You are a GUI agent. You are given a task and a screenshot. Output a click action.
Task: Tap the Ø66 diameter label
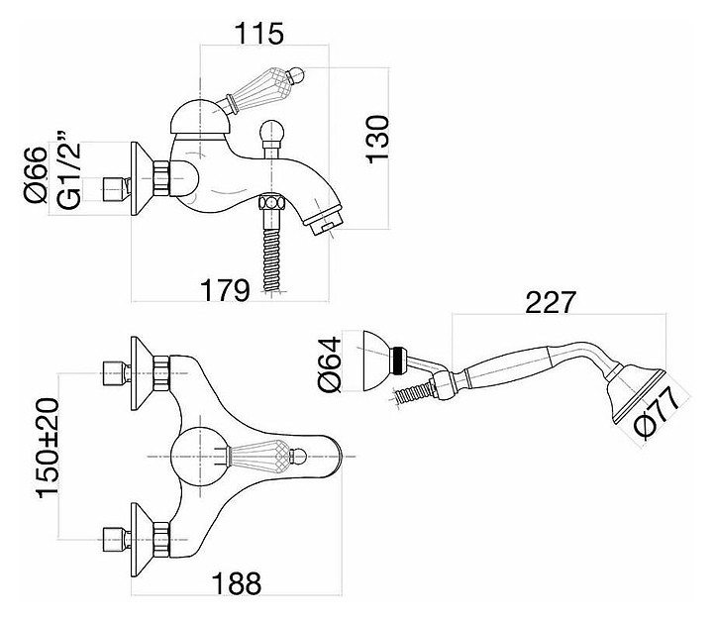(x=39, y=176)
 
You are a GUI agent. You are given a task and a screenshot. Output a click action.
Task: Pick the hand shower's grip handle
(x=505, y=367)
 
